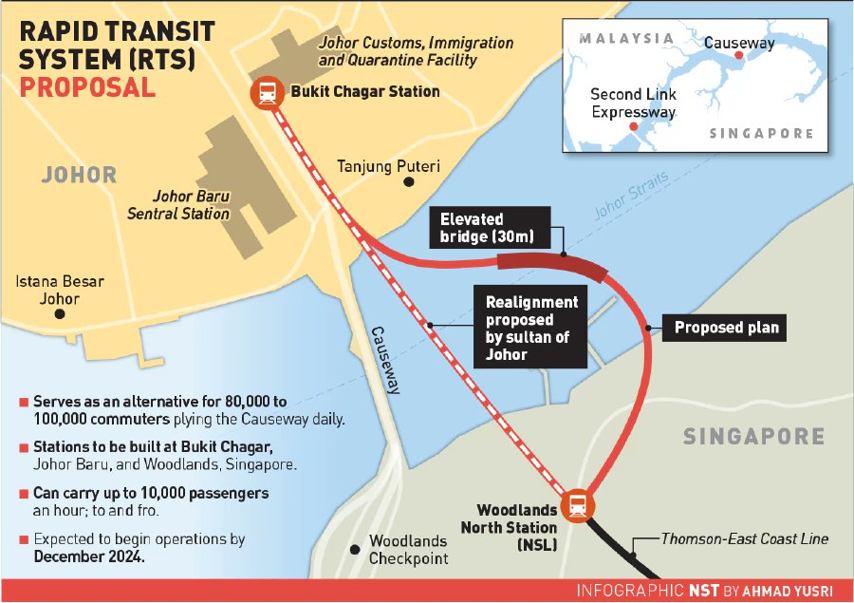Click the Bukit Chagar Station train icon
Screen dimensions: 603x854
click(x=265, y=93)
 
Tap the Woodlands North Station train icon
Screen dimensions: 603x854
click(x=576, y=505)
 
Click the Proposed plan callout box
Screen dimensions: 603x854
click(x=726, y=328)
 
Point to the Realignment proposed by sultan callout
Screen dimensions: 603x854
click(x=531, y=327)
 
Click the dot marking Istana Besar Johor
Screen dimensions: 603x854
click(x=61, y=313)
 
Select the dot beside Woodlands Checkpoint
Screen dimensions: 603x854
click(x=355, y=549)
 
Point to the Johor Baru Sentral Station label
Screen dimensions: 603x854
click(x=179, y=205)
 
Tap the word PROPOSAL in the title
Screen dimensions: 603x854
click(x=87, y=88)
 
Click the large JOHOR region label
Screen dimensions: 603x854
click(x=79, y=175)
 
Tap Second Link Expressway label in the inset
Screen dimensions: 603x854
click(x=633, y=104)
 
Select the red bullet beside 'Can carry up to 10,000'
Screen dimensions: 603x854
click(x=24, y=495)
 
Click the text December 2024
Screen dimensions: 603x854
click(x=89, y=556)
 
